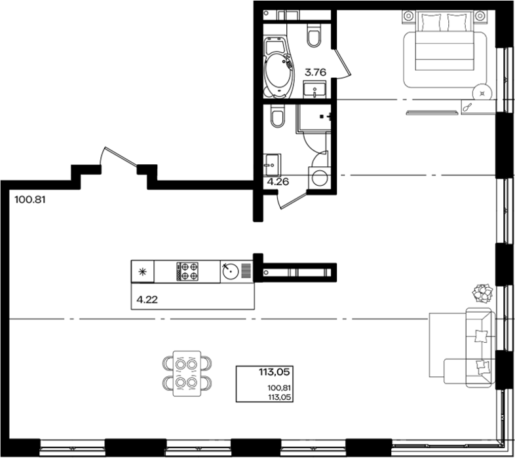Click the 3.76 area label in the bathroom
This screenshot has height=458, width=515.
click(315, 72)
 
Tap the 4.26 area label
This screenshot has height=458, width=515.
click(278, 182)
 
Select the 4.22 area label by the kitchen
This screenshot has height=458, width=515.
click(147, 300)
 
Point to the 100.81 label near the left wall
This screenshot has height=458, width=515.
click(30, 200)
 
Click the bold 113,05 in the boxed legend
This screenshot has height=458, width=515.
click(275, 372)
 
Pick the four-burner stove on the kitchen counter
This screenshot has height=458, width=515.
click(187, 272)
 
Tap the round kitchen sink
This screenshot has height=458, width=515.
click(231, 271)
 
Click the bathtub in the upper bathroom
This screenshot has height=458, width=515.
click(278, 68)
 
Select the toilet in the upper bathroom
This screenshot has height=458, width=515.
click(314, 35)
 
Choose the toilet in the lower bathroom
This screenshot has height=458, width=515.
click(277, 116)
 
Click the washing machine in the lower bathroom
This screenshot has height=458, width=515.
click(320, 178)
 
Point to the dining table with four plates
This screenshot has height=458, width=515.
click(187, 374)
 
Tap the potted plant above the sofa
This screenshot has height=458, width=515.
click(482, 293)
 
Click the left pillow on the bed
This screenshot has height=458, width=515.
click(430, 22)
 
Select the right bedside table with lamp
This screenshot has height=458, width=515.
click(480, 16)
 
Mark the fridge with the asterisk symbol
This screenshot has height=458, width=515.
click(143, 272)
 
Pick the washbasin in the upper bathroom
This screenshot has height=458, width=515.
click(315, 89)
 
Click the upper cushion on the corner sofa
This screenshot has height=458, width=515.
click(481, 336)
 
